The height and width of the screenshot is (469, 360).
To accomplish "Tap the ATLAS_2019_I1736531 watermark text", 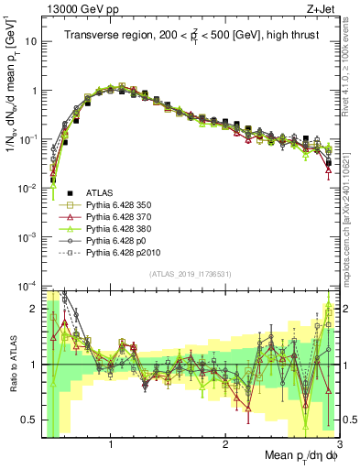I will [191, 273].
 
